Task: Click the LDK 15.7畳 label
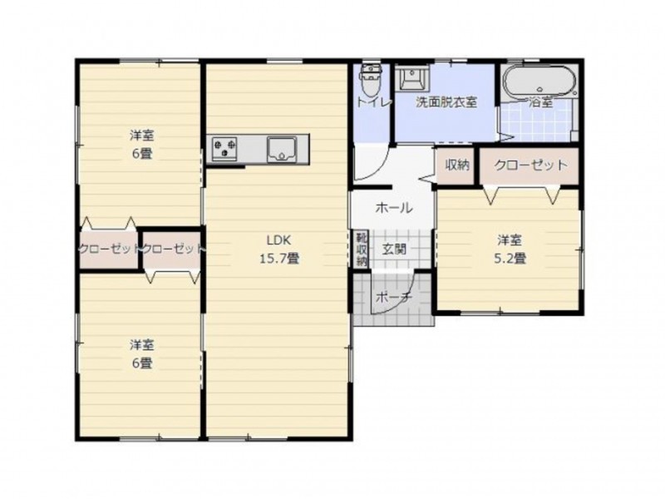pyautogui.click(x=279, y=249)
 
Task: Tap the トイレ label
pyautogui.click(x=372, y=102)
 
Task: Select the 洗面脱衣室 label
pyautogui.click(x=446, y=102)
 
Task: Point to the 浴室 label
pyautogui.click(x=541, y=102)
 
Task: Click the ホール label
pyautogui.click(x=394, y=208)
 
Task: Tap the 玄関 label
pyautogui.click(x=394, y=249)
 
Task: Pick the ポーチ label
pyautogui.click(x=394, y=298)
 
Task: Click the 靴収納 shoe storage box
pyautogui.click(x=362, y=249)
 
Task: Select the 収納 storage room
pyautogui.click(x=457, y=165)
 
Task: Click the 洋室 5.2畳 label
pyautogui.click(x=510, y=249)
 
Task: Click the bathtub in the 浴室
pyautogui.click(x=539, y=82)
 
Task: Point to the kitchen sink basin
pyautogui.click(x=282, y=149)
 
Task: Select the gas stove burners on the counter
pyautogui.click(x=224, y=149)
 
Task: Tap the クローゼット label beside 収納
pyautogui.click(x=530, y=165)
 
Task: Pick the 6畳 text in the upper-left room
pyautogui.click(x=141, y=153)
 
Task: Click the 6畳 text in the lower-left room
pyautogui.click(x=141, y=363)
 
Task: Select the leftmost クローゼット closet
pyautogui.click(x=109, y=249)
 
